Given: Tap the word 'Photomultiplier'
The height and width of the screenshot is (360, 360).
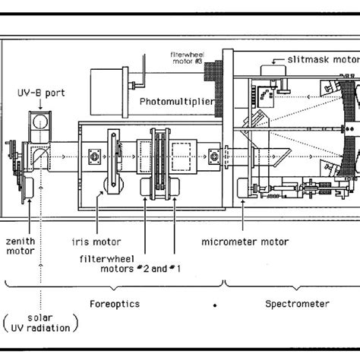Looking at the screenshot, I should pyautogui.click(x=176, y=100).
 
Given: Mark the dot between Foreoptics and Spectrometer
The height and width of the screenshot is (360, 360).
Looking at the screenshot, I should pyautogui.click(x=216, y=306).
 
